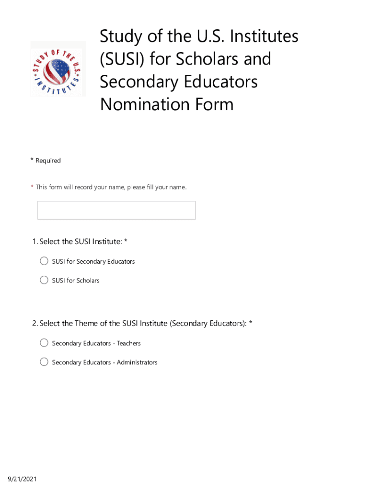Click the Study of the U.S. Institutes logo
(58, 69)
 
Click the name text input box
(116, 210)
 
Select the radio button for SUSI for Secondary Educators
(44, 261)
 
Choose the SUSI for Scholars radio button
(44, 280)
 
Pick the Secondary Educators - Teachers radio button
(44, 343)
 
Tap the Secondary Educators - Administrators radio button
(44, 362)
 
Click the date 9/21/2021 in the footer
(22, 479)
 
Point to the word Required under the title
(48, 160)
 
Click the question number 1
(35, 242)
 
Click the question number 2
(35, 324)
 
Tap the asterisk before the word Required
(32, 160)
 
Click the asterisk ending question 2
(250, 323)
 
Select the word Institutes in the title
(262, 36)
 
